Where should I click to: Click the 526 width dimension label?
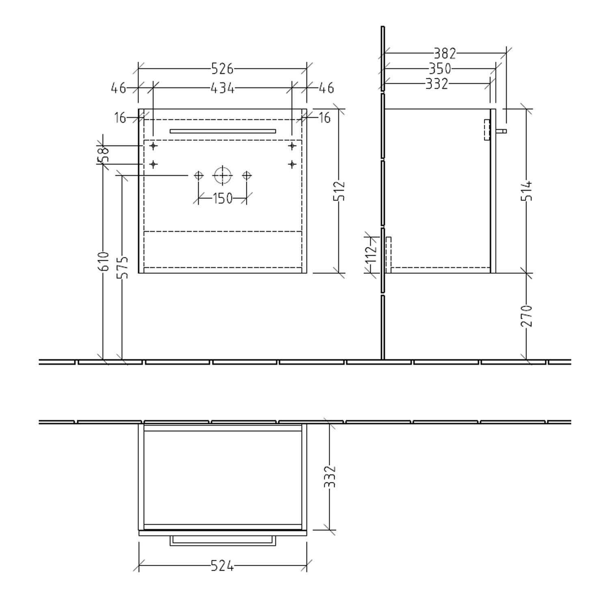222,69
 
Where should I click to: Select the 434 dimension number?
222,88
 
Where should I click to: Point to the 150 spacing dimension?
222,199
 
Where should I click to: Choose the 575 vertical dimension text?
122,267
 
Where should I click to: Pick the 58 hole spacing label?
104,154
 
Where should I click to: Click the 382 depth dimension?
445,53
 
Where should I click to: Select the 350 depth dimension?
440,69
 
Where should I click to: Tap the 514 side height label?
527,190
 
